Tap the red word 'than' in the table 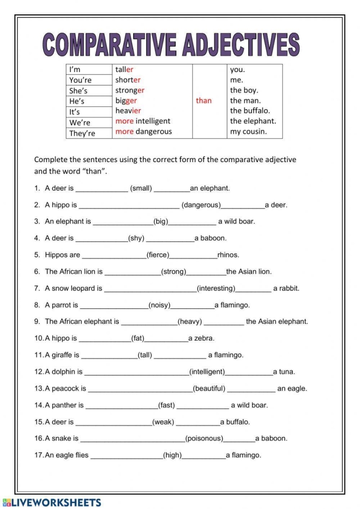[x=204, y=101]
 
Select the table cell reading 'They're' [x=82, y=133]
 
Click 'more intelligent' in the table [x=142, y=121]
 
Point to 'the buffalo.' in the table [x=250, y=111]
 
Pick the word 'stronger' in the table [x=130, y=91]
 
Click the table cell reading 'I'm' [x=75, y=69]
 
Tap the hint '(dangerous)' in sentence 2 [x=201, y=205]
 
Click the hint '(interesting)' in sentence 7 [x=216, y=289]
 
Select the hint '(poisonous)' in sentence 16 [x=204, y=439]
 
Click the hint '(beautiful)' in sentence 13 [x=209, y=389]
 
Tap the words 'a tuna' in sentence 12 [x=284, y=372]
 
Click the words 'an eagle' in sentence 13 [x=292, y=389]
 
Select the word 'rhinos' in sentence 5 [x=228, y=255]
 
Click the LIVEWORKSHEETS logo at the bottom [x=51, y=502]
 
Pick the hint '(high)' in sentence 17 [x=172, y=455]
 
